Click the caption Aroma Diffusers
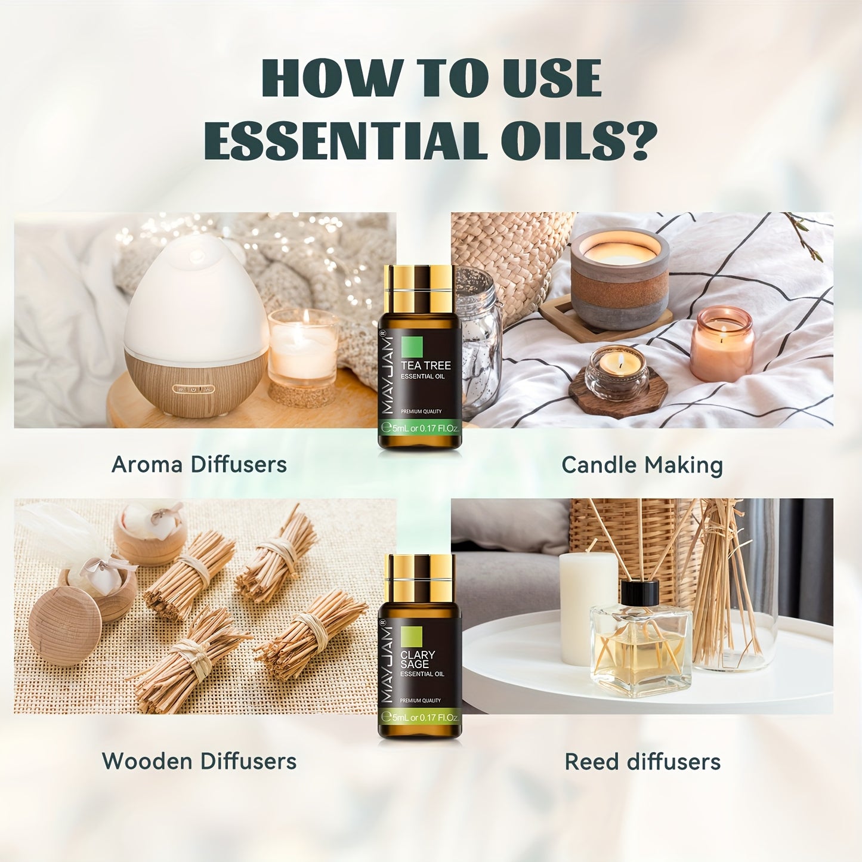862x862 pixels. click(199, 465)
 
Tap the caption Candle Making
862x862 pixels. click(642, 465)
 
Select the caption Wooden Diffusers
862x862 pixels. click(199, 761)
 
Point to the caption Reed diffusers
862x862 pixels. click(642, 762)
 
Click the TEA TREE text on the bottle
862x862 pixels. click(425, 366)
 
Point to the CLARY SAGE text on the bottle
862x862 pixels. click(418, 659)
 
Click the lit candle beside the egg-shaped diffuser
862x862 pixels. click(302, 349)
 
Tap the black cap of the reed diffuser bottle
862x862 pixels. click(639, 592)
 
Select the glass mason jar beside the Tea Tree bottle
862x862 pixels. click(480, 340)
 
